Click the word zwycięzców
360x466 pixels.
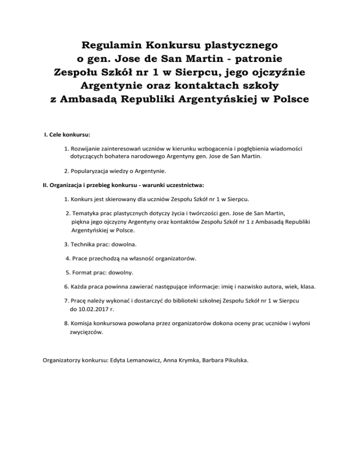[87, 331]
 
